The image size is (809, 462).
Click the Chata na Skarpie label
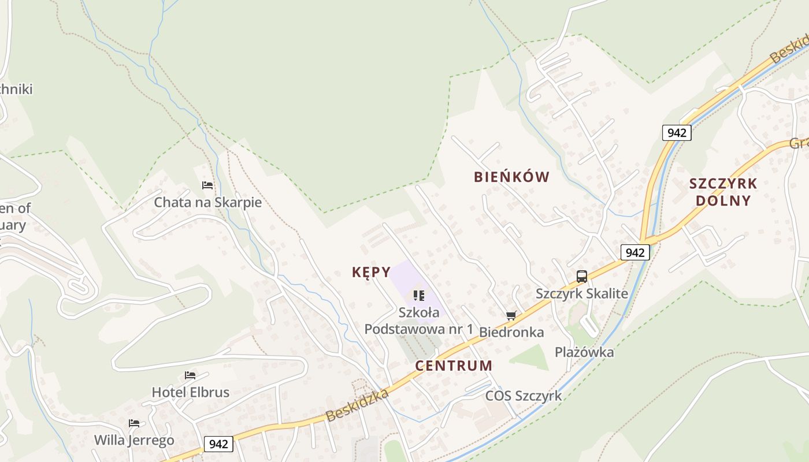(207, 203)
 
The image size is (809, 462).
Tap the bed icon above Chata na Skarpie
(207, 185)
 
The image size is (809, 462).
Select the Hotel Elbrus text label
(190, 393)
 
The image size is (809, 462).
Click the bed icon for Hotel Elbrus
(190, 375)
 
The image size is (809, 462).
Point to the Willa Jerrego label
(134, 441)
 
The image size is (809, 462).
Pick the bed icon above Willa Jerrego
(134, 423)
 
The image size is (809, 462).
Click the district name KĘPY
(371, 272)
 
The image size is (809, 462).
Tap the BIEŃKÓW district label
(511, 177)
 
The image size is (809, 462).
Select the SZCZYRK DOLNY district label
(723, 192)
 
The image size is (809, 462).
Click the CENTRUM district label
(454, 366)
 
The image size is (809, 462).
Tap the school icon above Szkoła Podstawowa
(419, 296)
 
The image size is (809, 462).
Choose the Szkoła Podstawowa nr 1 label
(419, 321)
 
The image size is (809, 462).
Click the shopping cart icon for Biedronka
(511, 315)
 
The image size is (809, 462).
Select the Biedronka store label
(511, 332)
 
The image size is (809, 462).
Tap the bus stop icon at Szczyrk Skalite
(581, 277)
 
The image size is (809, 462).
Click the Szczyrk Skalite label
(581, 293)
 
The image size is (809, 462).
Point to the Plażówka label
(584, 352)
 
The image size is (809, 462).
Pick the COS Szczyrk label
(524, 396)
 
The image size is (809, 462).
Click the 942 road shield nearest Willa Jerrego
(218, 444)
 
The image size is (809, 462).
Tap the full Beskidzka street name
(357, 406)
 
